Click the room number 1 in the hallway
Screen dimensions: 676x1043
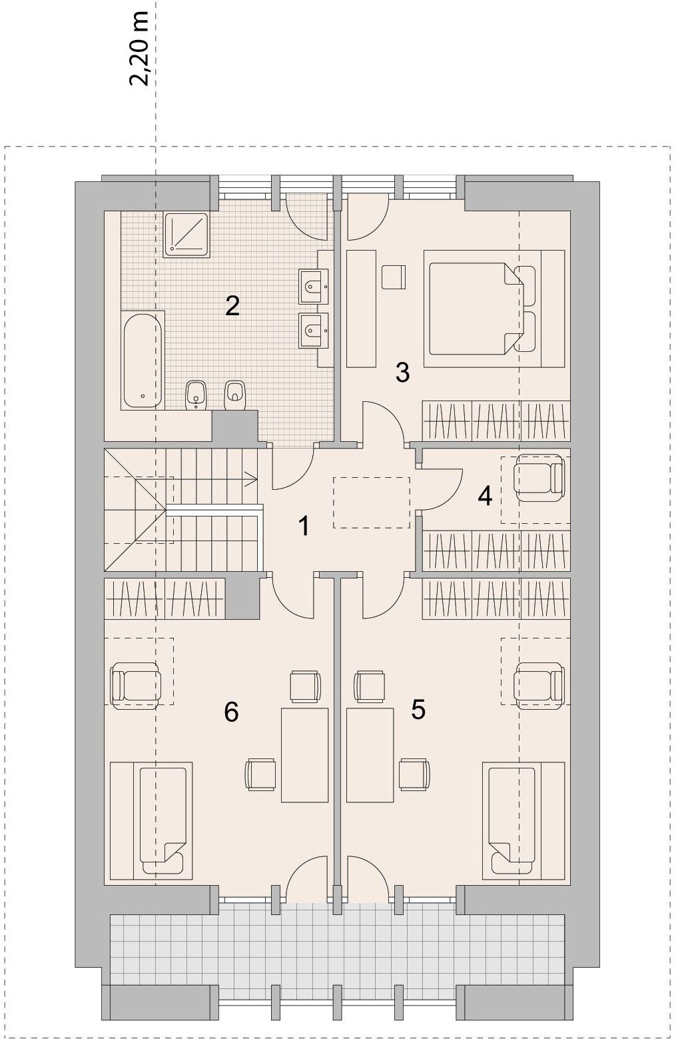point(304,526)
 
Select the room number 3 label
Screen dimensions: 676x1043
point(402,373)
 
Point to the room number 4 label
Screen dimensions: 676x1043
point(485,497)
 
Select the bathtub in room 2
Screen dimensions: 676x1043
point(143,359)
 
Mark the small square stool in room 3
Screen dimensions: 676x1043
point(394,277)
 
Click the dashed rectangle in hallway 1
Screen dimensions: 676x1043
point(371,503)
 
